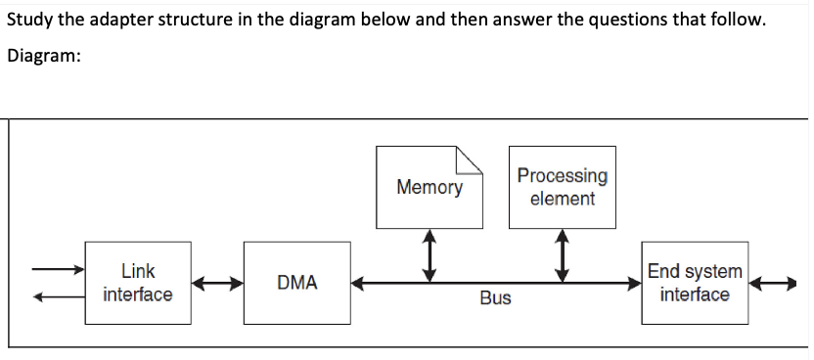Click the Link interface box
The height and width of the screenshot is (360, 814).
click(x=137, y=283)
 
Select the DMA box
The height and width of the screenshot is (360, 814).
click(x=296, y=283)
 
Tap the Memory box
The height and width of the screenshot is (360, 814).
click(x=430, y=187)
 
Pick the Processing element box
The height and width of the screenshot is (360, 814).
click(x=562, y=187)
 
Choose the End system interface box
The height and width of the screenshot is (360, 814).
click(x=695, y=283)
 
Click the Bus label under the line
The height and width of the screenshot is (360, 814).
click(x=495, y=298)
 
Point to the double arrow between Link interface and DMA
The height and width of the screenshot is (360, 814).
click(x=216, y=284)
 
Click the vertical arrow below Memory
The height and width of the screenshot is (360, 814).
click(x=428, y=255)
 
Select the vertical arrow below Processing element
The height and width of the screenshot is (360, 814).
click(x=562, y=255)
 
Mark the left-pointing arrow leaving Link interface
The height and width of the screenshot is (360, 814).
click(x=57, y=298)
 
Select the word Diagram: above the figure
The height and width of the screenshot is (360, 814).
click(x=43, y=56)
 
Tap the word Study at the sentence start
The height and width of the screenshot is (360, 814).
click(x=29, y=21)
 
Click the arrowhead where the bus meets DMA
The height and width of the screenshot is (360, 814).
click(x=358, y=284)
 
